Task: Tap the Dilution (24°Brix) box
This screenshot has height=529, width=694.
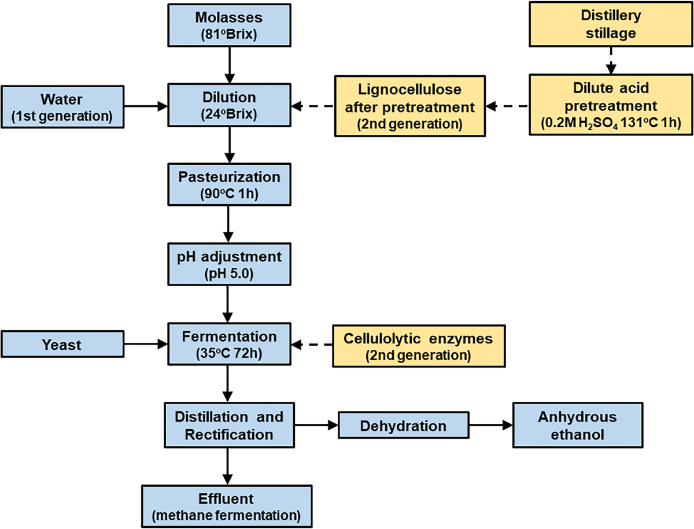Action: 230,106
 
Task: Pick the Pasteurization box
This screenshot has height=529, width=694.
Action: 230,184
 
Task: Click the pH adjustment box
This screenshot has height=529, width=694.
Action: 230,264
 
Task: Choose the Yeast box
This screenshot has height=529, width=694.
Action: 62,345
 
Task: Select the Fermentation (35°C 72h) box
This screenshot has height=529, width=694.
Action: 230,345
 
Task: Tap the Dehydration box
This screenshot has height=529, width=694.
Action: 403,426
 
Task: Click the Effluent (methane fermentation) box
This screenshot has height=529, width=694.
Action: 230,505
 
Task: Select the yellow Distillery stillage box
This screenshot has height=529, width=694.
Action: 611,25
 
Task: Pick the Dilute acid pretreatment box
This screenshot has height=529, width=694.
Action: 611,106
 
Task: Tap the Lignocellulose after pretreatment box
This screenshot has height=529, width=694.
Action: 409,106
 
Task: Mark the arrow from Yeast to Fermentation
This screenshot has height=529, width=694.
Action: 145,345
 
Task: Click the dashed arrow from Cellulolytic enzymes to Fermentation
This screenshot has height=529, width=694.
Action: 313,345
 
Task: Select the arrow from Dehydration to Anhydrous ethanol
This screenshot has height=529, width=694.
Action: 490,426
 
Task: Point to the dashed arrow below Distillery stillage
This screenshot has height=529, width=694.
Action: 611,60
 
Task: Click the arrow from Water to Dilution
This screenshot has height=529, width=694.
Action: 145,106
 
